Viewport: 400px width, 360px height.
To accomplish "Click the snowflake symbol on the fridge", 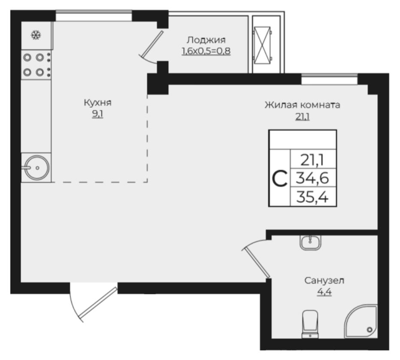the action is click(x=36, y=35).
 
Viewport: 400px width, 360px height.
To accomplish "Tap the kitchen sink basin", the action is click(x=37, y=167).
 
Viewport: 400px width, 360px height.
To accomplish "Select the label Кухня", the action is click(x=98, y=103).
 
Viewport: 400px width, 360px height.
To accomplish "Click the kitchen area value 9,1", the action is click(x=98, y=114).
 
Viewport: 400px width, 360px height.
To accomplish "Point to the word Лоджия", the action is click(x=206, y=40).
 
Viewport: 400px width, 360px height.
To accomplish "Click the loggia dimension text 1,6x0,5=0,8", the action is click(x=206, y=51).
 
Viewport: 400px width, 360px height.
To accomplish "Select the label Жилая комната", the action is click(x=302, y=105).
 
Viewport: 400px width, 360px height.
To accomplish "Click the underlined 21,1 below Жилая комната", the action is click(x=303, y=117).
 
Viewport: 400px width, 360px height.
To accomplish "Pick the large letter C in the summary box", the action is click(x=280, y=179).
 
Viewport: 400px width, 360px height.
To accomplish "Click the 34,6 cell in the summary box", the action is click(x=312, y=178).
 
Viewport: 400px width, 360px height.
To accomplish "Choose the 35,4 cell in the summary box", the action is click(x=312, y=197).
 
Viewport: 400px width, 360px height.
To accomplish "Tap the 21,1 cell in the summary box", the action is click(x=312, y=160).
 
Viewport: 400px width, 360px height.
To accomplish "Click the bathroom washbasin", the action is click(x=310, y=242).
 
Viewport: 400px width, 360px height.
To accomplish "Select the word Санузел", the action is click(x=324, y=281).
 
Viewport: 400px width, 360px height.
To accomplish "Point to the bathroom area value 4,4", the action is click(x=324, y=292).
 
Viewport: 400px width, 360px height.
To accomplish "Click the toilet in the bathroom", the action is click(x=310, y=324).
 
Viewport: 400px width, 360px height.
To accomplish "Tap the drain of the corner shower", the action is click(x=370, y=330).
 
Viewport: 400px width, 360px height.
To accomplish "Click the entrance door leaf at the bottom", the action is click(x=98, y=303).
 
